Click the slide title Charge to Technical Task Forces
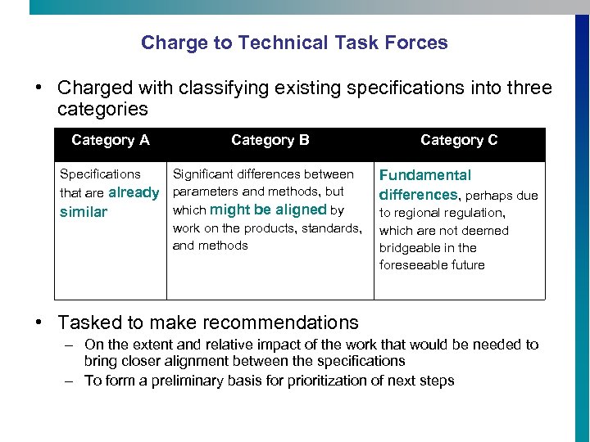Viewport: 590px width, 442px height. (x=294, y=43)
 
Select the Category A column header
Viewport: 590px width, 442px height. (x=111, y=140)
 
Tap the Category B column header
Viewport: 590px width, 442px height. (x=270, y=140)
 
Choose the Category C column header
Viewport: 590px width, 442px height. (x=459, y=140)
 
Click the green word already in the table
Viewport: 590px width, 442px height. (x=134, y=193)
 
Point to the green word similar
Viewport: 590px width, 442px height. (x=84, y=213)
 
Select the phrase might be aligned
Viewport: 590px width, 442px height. (x=268, y=210)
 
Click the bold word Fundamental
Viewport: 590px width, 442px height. (x=424, y=175)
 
